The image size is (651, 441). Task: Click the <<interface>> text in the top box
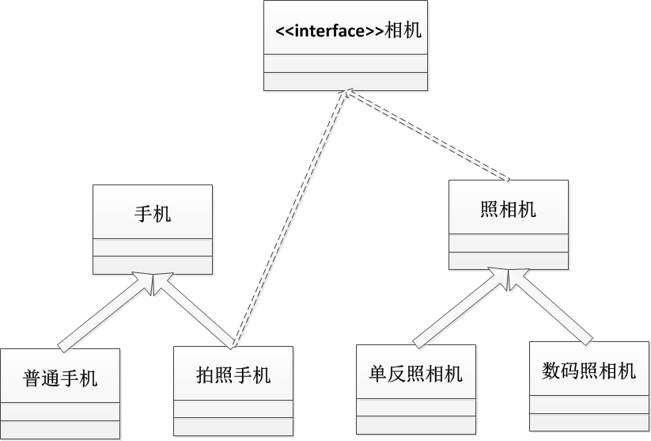click(329, 32)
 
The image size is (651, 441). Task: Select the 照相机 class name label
click(508, 209)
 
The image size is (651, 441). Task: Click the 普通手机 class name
click(60, 378)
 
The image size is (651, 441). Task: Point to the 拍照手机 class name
click(233, 374)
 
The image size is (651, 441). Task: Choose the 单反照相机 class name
click(416, 373)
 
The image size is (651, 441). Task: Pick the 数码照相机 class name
click(589, 370)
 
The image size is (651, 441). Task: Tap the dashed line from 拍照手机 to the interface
click(289, 218)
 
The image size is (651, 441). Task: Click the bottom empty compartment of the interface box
click(345, 82)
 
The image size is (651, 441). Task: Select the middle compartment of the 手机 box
click(153, 247)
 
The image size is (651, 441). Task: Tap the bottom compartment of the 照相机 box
click(508, 260)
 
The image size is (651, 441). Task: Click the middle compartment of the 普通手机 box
click(60, 412)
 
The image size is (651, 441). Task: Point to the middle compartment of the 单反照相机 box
click(416, 407)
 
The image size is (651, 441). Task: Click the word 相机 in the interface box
click(403, 32)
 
